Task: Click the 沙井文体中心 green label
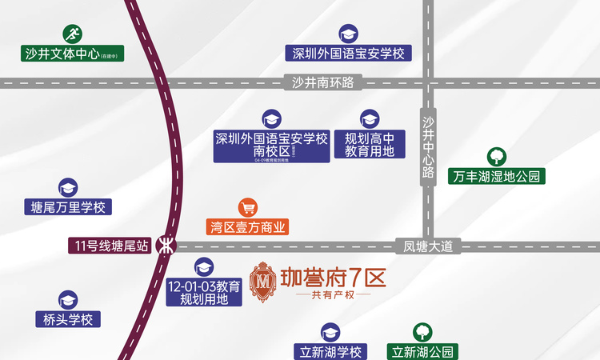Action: [71, 54]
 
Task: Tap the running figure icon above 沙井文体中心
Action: [72, 34]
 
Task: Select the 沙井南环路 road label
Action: [323, 82]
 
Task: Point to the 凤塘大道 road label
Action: [428, 246]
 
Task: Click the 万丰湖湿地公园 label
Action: [496, 176]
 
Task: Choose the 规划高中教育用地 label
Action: [370, 145]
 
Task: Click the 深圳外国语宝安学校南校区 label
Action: [271, 146]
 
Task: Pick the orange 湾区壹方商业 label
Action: [247, 226]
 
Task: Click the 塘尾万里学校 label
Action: [67, 207]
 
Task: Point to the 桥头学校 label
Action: [68, 319]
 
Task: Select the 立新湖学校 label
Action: [331, 351]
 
